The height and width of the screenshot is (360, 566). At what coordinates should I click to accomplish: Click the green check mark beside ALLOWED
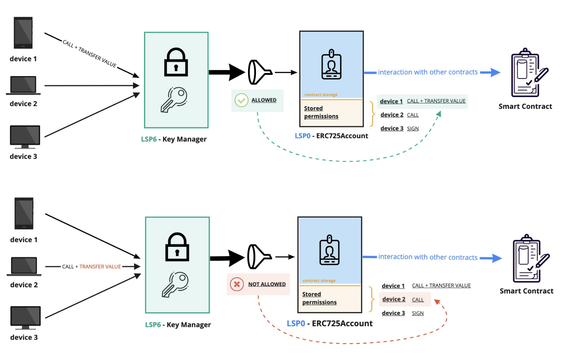(241, 100)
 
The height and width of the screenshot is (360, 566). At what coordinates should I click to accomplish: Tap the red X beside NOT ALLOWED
(236, 284)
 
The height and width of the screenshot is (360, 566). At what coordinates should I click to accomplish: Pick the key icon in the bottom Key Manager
(175, 284)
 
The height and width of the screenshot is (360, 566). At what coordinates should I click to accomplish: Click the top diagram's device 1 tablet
(23, 33)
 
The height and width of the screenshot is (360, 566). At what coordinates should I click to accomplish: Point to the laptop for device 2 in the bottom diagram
(24, 266)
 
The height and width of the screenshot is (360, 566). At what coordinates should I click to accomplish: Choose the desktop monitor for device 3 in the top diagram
(25, 136)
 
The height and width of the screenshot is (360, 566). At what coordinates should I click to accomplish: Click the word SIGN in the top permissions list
(413, 129)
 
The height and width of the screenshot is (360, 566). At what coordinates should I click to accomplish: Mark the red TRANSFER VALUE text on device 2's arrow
(100, 267)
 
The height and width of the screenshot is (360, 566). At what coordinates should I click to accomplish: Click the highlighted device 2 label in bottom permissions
(394, 299)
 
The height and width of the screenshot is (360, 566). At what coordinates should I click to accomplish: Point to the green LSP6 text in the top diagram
(149, 139)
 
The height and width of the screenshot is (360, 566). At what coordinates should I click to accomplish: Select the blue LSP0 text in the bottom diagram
(296, 324)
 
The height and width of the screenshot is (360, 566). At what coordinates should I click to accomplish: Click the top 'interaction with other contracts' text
(428, 72)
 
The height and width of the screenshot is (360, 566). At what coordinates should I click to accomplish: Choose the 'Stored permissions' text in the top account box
(321, 112)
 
